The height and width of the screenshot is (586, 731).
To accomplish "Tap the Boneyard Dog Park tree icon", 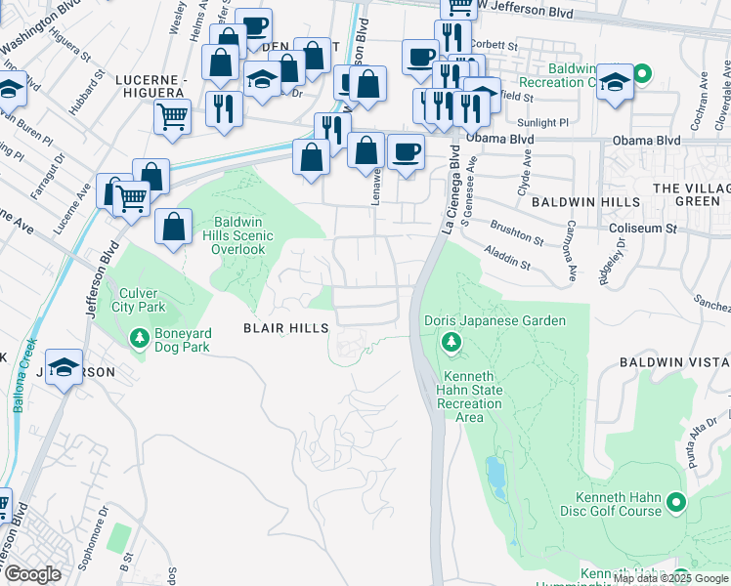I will click(139, 338).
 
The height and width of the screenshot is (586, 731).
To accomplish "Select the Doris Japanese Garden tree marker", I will click(451, 341).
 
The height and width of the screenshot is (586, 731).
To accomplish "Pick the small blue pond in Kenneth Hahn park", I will click(495, 476).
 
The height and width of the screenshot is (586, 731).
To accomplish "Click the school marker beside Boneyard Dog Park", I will click(64, 367).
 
